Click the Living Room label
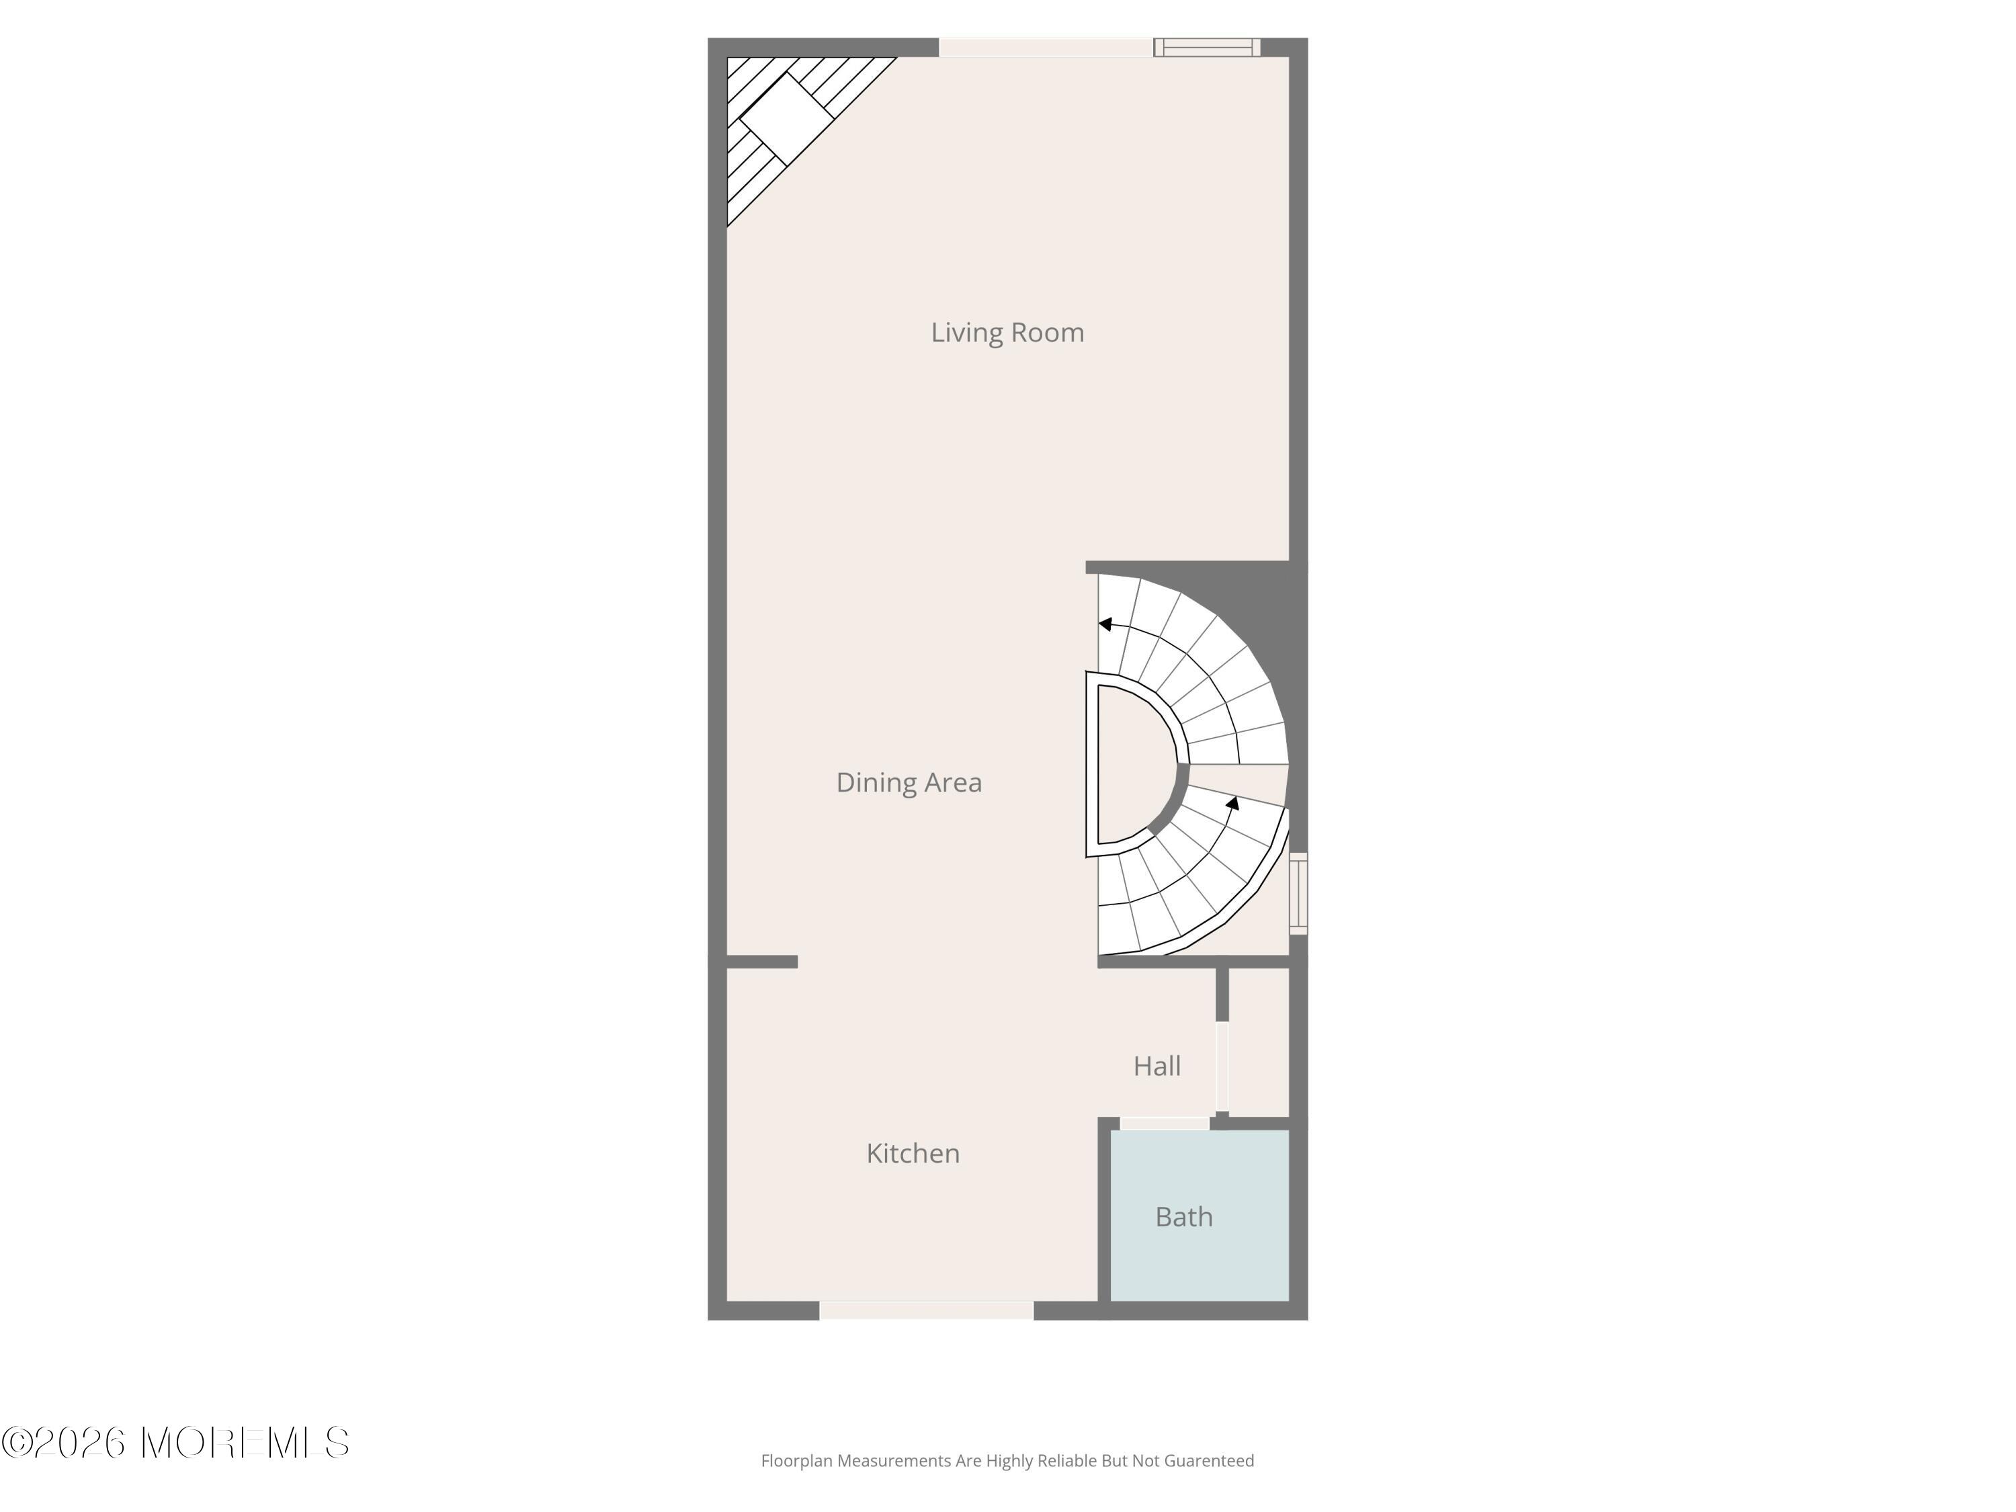(x=1007, y=333)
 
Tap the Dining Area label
(x=909, y=782)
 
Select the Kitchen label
(x=913, y=1153)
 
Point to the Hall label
(x=1157, y=1065)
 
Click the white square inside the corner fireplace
(x=786, y=118)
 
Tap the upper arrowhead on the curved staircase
(x=1105, y=624)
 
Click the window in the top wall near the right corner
(x=1207, y=48)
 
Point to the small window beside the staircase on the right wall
(x=1299, y=893)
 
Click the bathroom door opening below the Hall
(x=1164, y=1123)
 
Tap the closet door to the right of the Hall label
(x=1222, y=1066)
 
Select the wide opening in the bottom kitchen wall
(x=926, y=1310)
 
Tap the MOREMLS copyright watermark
(x=175, y=1443)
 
